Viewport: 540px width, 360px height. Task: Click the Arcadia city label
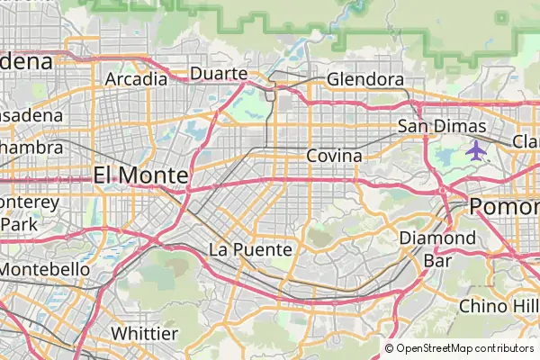(x=136, y=78)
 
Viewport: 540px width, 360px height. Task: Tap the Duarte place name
(x=219, y=73)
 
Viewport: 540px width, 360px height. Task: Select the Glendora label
(x=364, y=79)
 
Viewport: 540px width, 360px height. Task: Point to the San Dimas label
(x=442, y=126)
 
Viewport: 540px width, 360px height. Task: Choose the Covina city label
(x=334, y=156)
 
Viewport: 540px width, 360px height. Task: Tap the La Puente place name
(x=250, y=248)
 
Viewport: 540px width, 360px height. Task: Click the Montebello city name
(x=45, y=269)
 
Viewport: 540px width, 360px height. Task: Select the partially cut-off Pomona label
(x=504, y=206)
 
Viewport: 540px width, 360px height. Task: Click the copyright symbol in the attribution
(x=390, y=348)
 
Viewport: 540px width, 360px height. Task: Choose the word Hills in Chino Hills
(x=523, y=306)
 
